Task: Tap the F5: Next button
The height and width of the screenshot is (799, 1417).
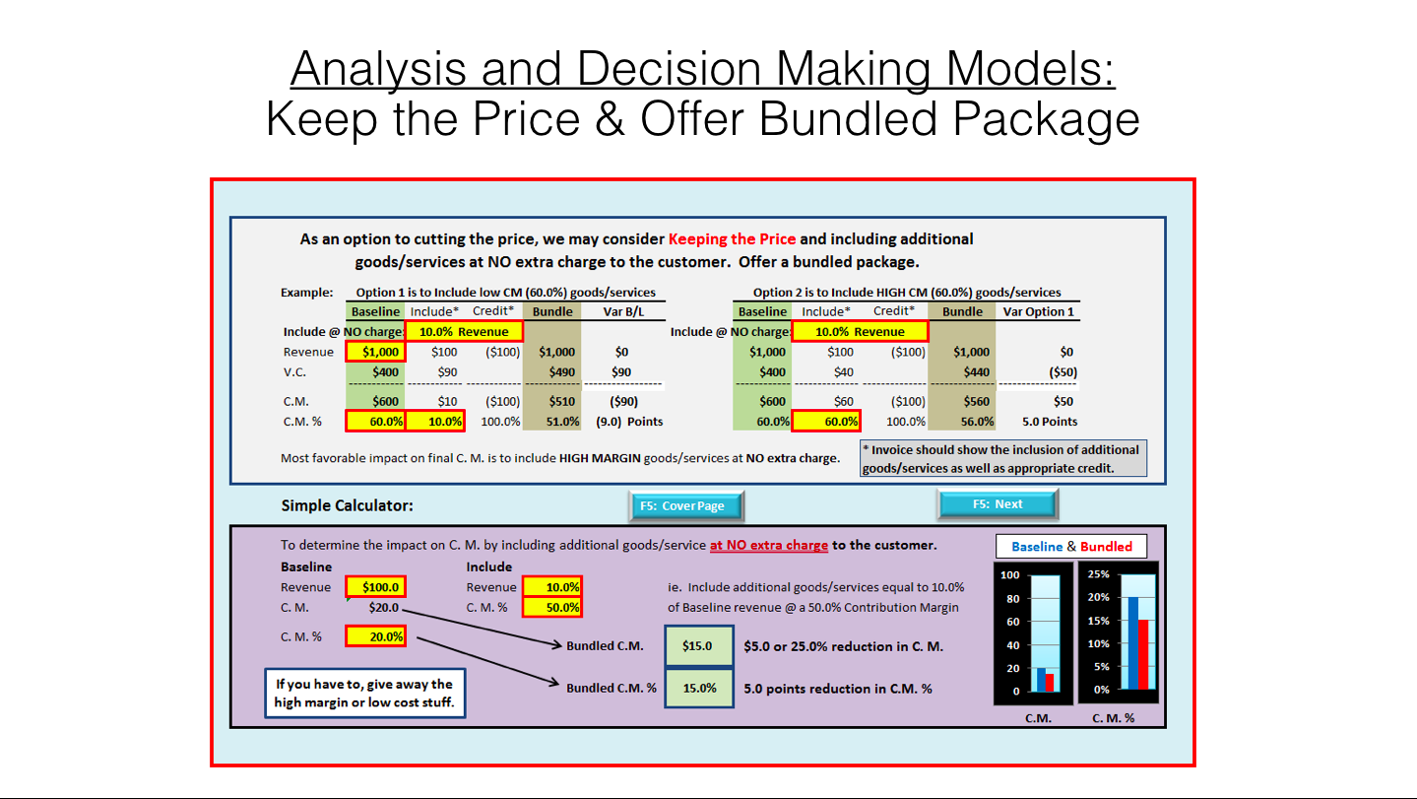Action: pyautogui.click(x=997, y=504)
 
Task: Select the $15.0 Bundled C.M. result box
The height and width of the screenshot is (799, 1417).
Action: pyautogui.click(x=698, y=645)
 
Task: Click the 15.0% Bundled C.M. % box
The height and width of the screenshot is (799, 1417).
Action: pyautogui.click(x=698, y=688)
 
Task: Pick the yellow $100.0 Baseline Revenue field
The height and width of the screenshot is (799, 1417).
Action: pyautogui.click(x=376, y=587)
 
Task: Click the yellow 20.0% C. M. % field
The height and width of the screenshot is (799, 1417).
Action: pyautogui.click(x=376, y=636)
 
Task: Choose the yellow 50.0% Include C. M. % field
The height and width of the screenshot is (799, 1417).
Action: pyautogui.click(x=551, y=607)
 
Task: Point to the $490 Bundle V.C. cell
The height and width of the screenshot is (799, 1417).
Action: pyautogui.click(x=561, y=372)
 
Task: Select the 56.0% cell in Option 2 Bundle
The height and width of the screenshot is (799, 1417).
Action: pyautogui.click(x=977, y=422)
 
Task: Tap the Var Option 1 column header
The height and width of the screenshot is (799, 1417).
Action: pyautogui.click(x=1038, y=311)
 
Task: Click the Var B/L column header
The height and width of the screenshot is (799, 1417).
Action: pyautogui.click(x=623, y=311)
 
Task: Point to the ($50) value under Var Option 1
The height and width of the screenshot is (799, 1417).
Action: pyautogui.click(x=1063, y=372)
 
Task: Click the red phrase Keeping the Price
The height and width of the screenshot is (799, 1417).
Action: pyautogui.click(x=732, y=239)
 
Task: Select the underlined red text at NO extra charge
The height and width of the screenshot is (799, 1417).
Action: pyautogui.click(x=769, y=545)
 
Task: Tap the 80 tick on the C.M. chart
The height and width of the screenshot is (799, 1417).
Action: pyautogui.click(x=1012, y=599)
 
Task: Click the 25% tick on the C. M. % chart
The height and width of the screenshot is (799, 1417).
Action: pyautogui.click(x=1098, y=574)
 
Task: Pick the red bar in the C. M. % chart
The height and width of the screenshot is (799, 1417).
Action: pyautogui.click(x=1143, y=654)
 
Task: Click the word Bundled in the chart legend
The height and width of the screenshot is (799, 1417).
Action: pyautogui.click(x=1106, y=547)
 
